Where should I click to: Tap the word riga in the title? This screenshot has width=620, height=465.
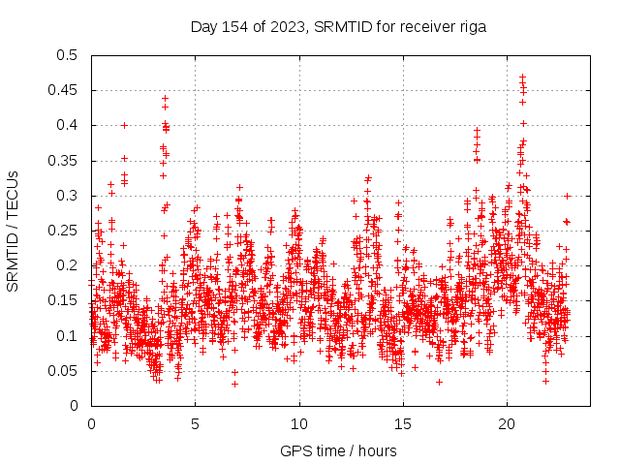tap(471, 27)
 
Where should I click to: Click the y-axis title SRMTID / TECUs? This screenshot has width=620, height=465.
tap(14, 231)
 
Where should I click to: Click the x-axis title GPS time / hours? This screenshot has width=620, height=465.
tap(339, 451)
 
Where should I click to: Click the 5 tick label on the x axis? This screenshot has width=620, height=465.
tap(195, 423)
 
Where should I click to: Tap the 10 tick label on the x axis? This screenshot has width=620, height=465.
tap(299, 423)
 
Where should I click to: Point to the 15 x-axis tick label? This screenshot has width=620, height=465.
tap(403, 423)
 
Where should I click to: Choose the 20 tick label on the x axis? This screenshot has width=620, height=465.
tap(507, 423)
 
